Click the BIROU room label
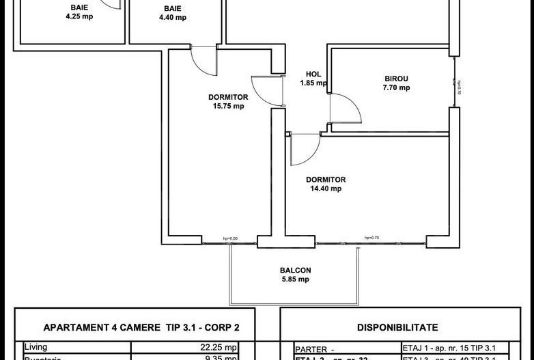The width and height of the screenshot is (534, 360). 396,79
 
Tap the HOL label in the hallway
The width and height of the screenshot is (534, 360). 313,74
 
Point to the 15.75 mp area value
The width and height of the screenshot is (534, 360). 227,106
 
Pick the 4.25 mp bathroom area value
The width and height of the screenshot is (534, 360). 79,18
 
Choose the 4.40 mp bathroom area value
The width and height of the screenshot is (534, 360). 172,18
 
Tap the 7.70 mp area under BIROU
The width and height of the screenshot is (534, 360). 396,87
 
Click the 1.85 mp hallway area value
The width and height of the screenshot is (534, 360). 313,83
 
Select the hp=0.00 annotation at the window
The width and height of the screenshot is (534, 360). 229,238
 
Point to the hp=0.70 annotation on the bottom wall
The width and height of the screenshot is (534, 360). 371,238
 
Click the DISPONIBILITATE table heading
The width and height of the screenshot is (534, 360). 397,327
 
